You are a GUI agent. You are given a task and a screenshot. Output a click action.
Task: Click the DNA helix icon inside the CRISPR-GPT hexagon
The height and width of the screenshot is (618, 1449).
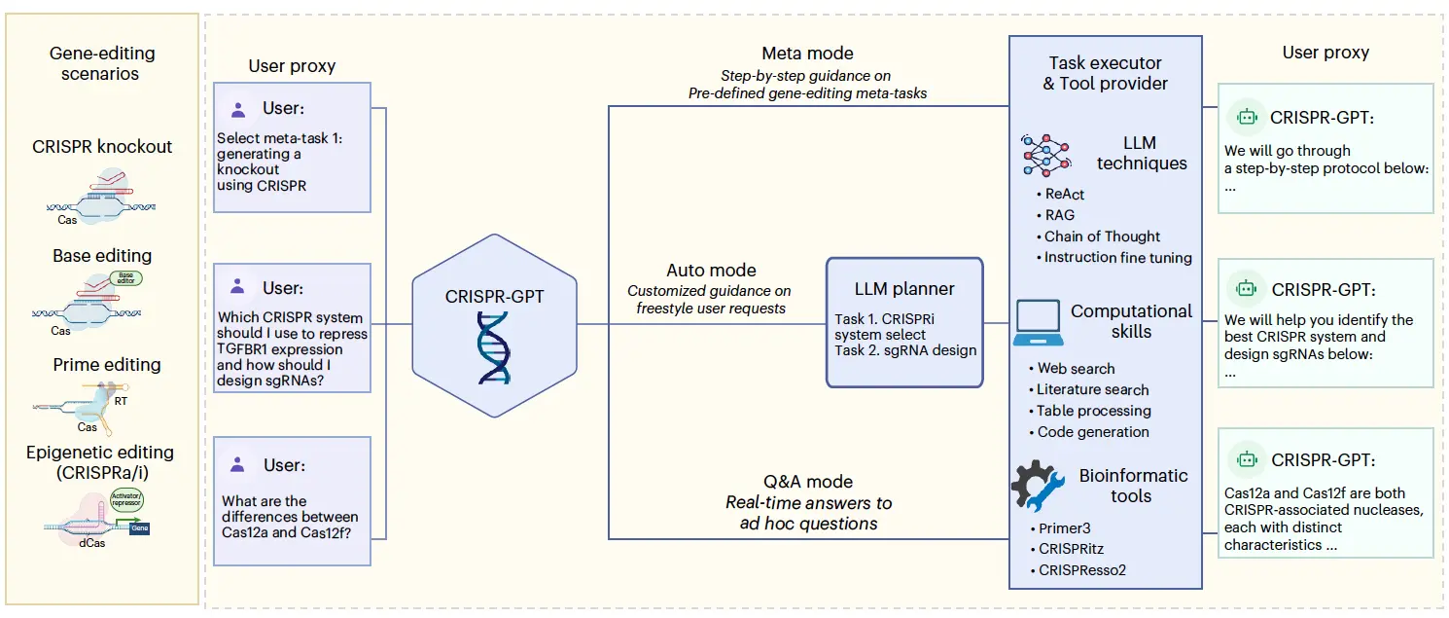(493, 347)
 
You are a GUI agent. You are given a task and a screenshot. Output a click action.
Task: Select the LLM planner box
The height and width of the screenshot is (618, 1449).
(904, 320)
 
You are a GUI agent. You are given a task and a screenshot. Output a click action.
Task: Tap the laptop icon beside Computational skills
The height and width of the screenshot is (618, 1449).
(1037, 322)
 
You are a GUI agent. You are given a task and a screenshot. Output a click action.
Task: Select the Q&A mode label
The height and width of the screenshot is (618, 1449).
(807, 481)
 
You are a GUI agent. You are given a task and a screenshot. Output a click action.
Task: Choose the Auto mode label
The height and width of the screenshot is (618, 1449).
(711, 270)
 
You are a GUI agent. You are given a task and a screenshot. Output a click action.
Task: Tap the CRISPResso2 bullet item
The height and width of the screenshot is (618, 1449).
(1080, 569)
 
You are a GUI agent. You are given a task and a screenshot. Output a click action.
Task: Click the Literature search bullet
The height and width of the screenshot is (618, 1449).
(1091, 389)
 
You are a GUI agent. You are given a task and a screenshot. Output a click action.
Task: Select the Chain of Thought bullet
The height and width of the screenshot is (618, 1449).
(1101, 236)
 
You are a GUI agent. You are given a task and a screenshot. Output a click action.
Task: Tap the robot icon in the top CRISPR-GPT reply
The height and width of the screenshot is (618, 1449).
(1246, 117)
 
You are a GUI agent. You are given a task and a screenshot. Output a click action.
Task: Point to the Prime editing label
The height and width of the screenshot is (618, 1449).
(106, 365)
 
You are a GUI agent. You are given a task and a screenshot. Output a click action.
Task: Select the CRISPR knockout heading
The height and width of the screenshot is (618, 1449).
(102, 147)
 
